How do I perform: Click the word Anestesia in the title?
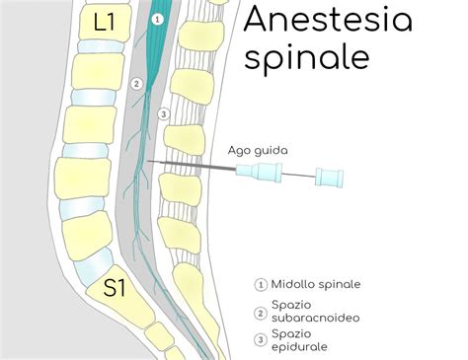click(x=328, y=20)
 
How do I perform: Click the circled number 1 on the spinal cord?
click(x=157, y=19)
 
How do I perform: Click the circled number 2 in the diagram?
click(x=136, y=83)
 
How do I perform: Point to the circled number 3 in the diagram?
click(x=164, y=113)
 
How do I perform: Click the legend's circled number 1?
click(x=261, y=285)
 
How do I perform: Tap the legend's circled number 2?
click(x=261, y=313)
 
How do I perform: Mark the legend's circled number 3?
click(x=261, y=341)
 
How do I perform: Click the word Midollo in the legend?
click(x=294, y=285)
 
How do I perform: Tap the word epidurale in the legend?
click(x=299, y=347)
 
